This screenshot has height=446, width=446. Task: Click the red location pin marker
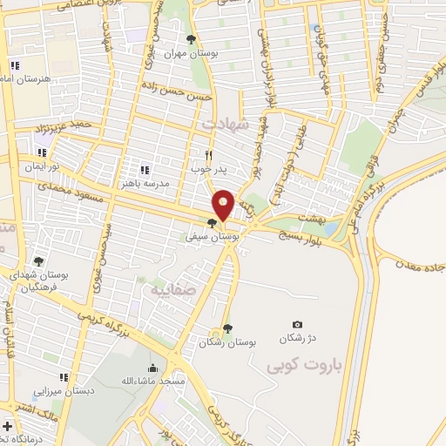pyautogui.click(x=223, y=205)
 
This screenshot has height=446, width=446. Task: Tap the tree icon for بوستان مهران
pyautogui.click(x=192, y=38)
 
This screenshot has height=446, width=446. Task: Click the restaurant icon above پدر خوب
pyautogui.click(x=208, y=152)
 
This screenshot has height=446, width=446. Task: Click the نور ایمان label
pyautogui.click(x=40, y=166)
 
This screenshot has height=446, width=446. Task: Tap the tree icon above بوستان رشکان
pyautogui.click(x=227, y=328)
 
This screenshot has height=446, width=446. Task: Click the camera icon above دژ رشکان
pyautogui.click(x=297, y=324)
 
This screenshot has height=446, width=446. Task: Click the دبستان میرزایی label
pyautogui.click(x=58, y=392)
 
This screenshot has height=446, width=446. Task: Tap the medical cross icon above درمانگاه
pyautogui.click(x=7, y=427)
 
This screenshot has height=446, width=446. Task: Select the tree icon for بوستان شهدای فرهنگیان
pyautogui.click(x=37, y=261)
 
